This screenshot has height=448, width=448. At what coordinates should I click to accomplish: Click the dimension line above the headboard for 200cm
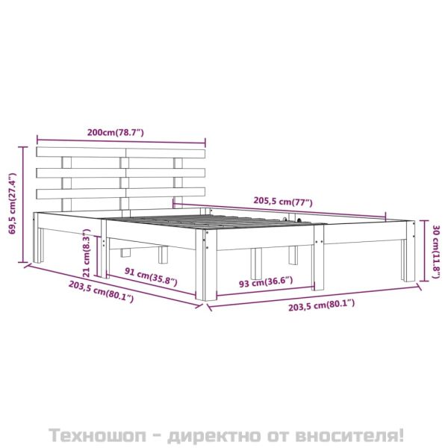click(x=120, y=140)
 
